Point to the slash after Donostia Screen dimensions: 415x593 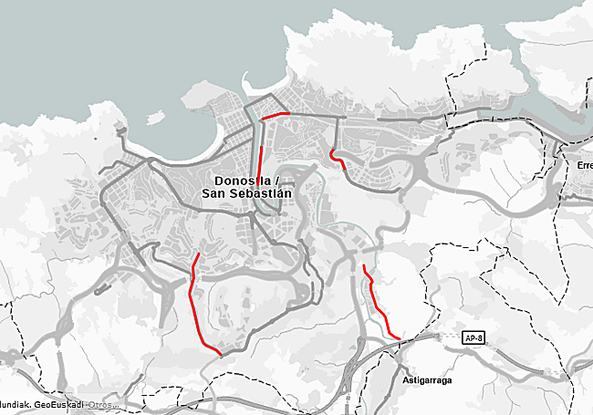tap(276, 181)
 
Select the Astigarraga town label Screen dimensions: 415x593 tap(426, 379)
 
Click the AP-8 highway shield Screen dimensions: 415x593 tap(472, 337)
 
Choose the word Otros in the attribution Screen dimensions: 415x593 tap(101, 404)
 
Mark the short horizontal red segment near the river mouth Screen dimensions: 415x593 tap(275, 116)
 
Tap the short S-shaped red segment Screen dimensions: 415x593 tap(338, 159)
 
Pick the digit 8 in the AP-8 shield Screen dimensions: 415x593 tap(478, 337)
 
